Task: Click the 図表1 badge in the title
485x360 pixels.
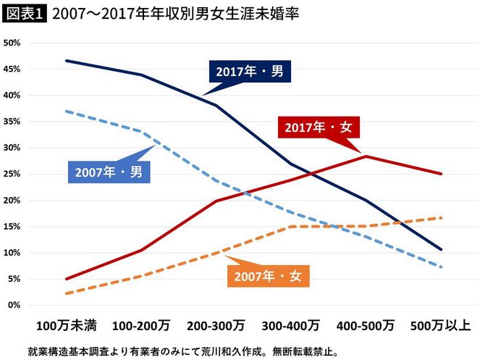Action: tap(24, 14)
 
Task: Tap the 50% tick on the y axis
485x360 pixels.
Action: tap(12, 43)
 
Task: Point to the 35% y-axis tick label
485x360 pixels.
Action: tap(12, 122)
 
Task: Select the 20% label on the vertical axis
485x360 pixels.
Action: tap(12, 201)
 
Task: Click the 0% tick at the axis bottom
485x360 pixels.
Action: tap(14, 305)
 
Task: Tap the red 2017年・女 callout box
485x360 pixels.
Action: tap(318, 127)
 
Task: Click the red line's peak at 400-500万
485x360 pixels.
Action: tap(366, 156)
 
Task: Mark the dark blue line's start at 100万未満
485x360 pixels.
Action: tap(66, 61)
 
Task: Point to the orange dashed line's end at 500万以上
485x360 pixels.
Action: tap(441, 217)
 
